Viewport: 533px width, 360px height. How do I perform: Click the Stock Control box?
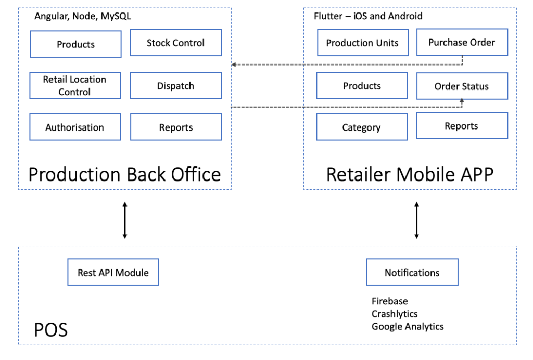[175, 43]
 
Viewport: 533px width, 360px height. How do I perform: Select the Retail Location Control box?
[75, 86]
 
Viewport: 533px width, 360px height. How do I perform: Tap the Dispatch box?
[175, 86]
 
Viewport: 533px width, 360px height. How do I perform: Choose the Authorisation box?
[75, 127]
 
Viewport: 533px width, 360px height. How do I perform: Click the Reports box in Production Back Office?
[175, 127]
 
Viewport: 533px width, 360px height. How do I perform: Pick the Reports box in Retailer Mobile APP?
[462, 126]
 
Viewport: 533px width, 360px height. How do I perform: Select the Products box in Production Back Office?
[75, 44]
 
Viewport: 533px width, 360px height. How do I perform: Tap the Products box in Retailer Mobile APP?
[362, 86]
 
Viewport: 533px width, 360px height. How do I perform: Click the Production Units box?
[362, 43]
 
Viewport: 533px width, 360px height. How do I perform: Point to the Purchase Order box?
[462, 43]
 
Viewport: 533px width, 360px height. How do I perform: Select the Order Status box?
[462, 86]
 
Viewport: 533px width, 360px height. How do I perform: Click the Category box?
[362, 127]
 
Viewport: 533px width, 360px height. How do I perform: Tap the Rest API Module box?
[113, 273]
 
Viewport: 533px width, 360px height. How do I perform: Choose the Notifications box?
[412, 273]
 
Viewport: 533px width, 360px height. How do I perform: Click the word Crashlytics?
[395, 314]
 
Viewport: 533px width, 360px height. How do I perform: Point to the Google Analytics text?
[408, 327]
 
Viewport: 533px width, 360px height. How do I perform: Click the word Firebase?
[390, 301]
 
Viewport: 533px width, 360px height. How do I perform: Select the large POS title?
[50, 330]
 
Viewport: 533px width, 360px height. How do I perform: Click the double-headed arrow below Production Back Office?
[124, 221]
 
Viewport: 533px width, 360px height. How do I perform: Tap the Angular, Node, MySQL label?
[83, 17]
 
